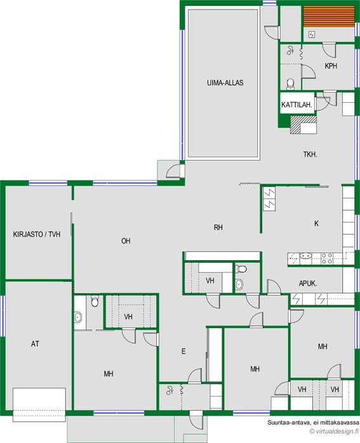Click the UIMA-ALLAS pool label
point(225,83)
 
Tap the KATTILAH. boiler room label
point(297,105)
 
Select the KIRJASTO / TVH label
point(37,234)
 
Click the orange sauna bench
point(329,17)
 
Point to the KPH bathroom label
point(331,66)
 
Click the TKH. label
point(310,154)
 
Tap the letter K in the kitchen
point(316,223)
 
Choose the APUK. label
point(308,283)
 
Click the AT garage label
point(35,344)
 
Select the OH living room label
point(126,241)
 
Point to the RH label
point(218,227)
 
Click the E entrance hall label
point(183,352)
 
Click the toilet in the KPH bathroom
point(290,84)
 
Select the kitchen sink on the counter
point(305,256)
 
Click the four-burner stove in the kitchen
point(326,258)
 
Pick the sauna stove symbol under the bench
point(311,35)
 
